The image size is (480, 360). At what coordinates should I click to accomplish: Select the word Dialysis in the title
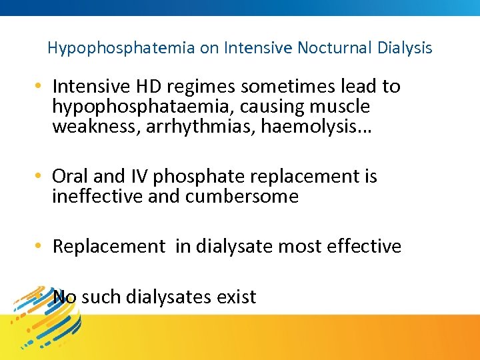pos(404,48)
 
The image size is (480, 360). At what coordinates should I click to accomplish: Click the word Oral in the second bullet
pos(70,177)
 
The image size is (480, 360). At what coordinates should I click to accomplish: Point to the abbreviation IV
pos(138,177)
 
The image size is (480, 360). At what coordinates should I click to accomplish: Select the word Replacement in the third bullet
pos(109,247)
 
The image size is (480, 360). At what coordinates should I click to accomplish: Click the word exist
pos(236,297)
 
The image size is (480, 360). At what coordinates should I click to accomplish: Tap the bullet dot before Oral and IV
pos(41,177)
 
